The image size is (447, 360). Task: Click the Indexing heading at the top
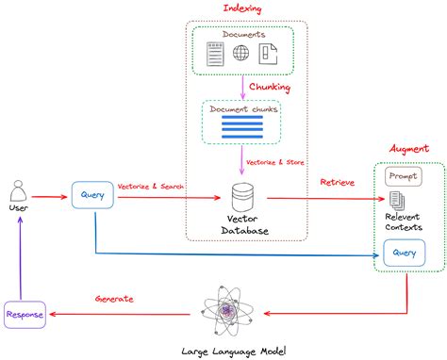(x=242, y=8)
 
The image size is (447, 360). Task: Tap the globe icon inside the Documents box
(x=243, y=54)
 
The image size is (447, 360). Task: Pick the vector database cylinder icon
(x=243, y=197)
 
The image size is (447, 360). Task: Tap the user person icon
(x=18, y=188)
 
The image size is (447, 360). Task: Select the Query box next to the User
(x=92, y=197)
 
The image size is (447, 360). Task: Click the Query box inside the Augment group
(x=404, y=253)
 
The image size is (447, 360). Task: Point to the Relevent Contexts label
(x=404, y=221)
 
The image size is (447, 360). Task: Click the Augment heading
(x=408, y=150)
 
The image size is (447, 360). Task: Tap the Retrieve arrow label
(x=338, y=182)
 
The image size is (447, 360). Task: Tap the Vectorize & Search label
(x=151, y=187)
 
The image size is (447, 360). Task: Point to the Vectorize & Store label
(x=273, y=162)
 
